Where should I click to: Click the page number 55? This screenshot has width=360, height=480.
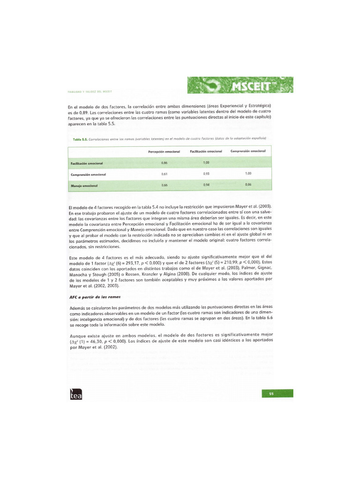[271, 393]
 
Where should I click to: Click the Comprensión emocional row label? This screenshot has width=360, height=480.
[88, 174]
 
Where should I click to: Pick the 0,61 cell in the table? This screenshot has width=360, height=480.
[164, 174]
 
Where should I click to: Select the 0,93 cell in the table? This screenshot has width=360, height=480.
[206, 174]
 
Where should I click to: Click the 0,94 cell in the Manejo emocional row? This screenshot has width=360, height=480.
[206, 185]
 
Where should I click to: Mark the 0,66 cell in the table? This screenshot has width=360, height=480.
[164, 185]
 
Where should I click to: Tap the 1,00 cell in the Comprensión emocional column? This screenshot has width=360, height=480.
[248, 173]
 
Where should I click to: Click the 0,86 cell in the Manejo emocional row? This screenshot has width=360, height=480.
[248, 185]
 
